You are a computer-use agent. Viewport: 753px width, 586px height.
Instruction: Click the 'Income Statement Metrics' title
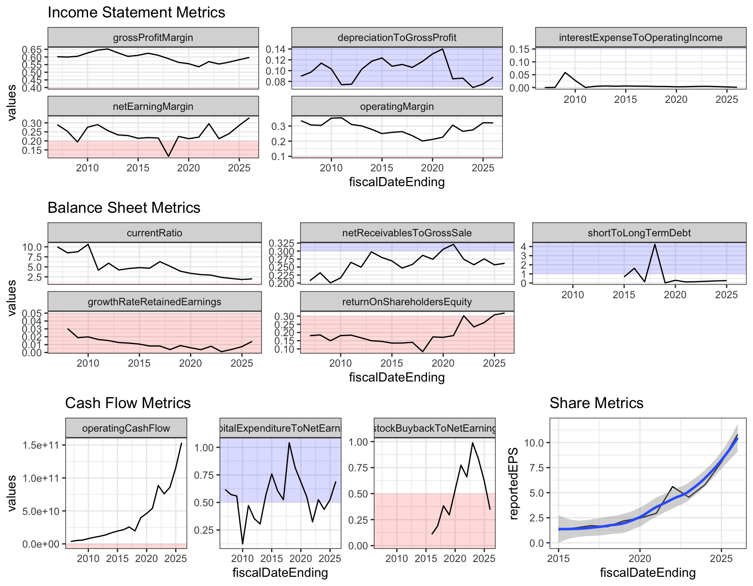(x=136, y=12)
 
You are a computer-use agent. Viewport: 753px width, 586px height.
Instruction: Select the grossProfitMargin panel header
(x=153, y=37)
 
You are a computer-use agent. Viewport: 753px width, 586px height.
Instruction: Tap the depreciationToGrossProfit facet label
(x=397, y=37)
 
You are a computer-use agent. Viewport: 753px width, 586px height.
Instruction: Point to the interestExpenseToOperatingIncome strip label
(x=641, y=37)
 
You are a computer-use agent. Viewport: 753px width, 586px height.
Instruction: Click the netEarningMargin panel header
(x=153, y=106)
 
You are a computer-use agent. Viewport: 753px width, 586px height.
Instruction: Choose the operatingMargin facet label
(x=397, y=106)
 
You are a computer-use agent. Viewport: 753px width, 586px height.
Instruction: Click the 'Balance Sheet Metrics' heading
(x=124, y=208)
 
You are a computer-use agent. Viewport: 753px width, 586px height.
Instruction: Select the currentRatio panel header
(x=154, y=233)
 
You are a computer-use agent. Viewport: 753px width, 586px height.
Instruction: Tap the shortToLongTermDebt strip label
(x=639, y=233)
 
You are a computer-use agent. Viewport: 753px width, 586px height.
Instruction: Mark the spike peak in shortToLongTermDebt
(x=655, y=244)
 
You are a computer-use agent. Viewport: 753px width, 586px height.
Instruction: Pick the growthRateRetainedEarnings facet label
(x=154, y=302)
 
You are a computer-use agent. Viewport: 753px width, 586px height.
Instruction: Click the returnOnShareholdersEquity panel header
(x=407, y=302)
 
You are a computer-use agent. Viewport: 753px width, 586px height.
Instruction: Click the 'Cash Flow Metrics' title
(x=128, y=403)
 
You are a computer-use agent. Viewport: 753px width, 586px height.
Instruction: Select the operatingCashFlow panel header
(x=126, y=428)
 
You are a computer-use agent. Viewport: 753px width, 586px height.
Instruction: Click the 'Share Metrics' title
(x=596, y=403)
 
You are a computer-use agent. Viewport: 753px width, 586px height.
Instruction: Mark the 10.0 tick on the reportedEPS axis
(x=534, y=443)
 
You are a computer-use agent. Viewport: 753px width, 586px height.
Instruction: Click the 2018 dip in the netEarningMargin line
(x=168, y=156)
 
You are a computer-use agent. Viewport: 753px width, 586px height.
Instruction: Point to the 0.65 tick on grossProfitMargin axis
(x=32, y=49)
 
